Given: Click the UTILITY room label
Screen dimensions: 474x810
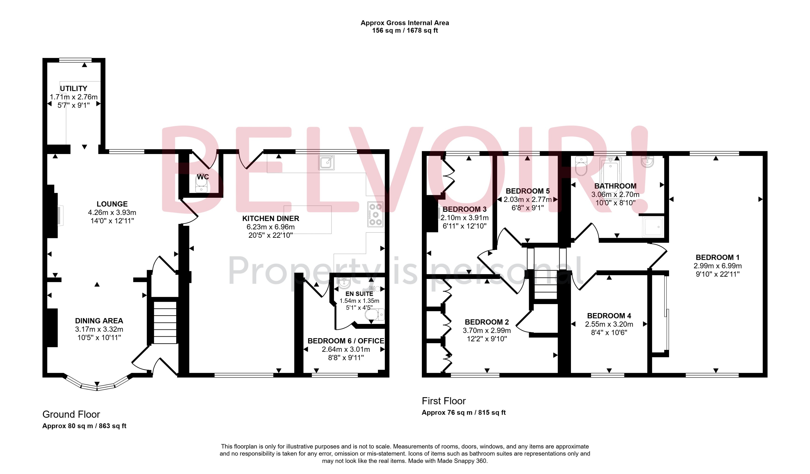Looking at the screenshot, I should point(74,88).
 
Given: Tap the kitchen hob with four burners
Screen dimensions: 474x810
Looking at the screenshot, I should point(375,214).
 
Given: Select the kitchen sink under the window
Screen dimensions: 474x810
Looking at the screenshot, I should point(326,162).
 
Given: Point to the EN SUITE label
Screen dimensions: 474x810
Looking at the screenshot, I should point(359,294).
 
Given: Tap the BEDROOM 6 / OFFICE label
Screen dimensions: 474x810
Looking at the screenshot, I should point(346,341).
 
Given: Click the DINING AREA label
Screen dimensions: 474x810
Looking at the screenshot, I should point(99,321).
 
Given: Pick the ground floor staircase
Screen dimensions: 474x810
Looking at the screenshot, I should point(165,322).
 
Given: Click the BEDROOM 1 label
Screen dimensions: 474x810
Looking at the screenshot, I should point(717,257).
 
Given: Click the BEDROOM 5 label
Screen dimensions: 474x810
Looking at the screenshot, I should point(527,191).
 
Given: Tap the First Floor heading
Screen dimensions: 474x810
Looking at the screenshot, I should point(444,401).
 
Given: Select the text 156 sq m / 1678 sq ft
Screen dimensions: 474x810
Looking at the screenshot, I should point(405,31).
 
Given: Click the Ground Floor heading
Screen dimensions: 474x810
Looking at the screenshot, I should point(71,414).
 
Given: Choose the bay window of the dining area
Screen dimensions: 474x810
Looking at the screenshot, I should point(97,386).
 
